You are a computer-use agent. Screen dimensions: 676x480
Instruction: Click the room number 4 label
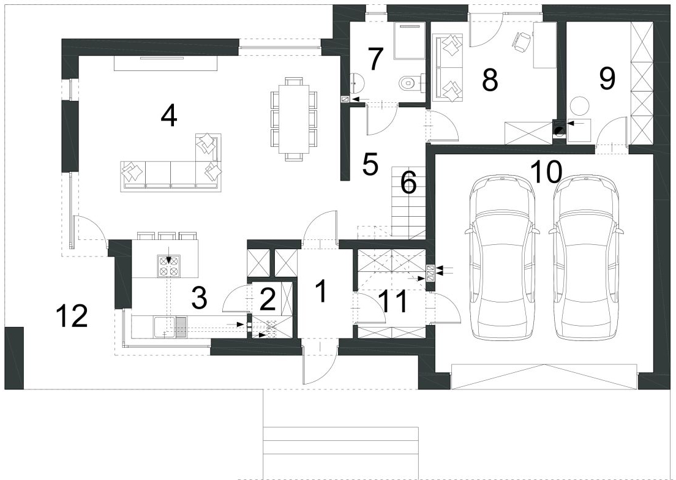click(168, 116)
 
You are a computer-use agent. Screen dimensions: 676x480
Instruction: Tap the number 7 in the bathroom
click(375, 59)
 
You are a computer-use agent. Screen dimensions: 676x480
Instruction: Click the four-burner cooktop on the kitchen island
click(168, 266)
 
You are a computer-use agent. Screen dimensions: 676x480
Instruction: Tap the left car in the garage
click(502, 257)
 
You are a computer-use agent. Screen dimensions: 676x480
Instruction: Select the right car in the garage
click(587, 257)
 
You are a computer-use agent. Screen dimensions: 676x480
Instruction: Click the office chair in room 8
click(521, 42)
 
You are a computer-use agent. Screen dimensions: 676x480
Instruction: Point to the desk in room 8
click(544, 45)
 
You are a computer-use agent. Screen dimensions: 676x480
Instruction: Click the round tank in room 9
click(579, 106)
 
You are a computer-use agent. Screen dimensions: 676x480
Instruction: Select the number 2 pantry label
click(268, 300)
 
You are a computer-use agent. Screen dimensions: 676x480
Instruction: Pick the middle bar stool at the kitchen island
click(167, 236)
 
